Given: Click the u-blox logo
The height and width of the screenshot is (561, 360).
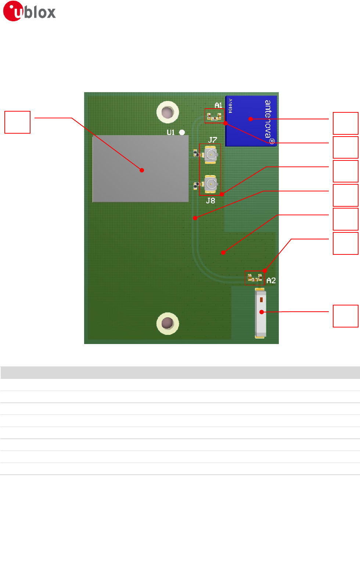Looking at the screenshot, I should (29, 11).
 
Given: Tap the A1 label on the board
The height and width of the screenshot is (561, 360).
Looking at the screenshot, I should (219, 105).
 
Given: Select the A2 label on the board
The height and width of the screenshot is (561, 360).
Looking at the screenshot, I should (271, 280).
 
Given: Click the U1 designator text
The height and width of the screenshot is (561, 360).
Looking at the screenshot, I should (171, 132).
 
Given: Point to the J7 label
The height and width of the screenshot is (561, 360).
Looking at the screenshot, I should (213, 140).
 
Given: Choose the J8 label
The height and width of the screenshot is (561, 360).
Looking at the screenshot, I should (210, 200).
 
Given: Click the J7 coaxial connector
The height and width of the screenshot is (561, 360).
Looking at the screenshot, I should (211, 154).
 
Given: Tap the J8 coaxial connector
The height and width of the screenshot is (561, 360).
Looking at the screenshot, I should (211, 184).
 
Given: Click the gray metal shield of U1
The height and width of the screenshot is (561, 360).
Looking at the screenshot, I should (141, 169).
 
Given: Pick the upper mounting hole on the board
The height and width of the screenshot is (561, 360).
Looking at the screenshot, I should (168, 112).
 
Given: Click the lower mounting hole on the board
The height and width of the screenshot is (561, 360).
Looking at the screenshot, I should (168, 323).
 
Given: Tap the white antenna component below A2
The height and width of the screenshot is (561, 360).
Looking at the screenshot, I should (260, 313).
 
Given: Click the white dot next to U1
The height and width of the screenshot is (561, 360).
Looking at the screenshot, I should (182, 132).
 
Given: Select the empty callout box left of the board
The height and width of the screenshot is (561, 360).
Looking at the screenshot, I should (17, 122).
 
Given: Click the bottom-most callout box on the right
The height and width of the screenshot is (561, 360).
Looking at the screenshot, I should (345, 316).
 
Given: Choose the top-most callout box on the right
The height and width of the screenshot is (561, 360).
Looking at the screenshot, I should (345, 123).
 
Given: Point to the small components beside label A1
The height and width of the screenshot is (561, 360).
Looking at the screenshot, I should (214, 117).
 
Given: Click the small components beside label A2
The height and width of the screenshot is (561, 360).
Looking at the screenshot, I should (255, 278).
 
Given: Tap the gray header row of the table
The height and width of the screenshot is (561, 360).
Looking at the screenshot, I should (180, 372).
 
